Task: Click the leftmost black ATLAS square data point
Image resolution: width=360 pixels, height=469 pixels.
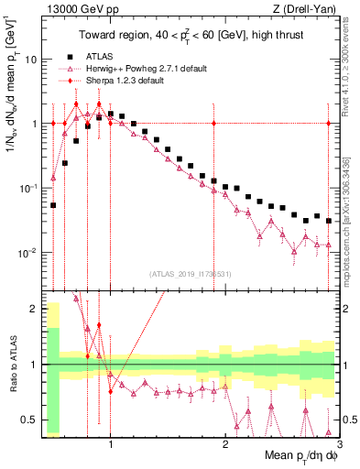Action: click(x=53, y=205)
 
